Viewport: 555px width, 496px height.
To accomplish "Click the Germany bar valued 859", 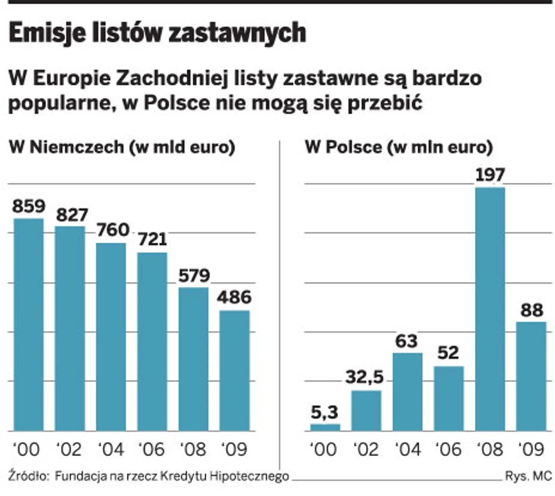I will pos(28,324).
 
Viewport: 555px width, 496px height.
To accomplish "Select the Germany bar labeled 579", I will pos(193,359).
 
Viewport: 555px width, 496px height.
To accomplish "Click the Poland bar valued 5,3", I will pos(325,427).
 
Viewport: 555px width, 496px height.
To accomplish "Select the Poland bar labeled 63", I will pos(407,392).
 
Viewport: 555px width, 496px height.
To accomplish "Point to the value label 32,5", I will pos(366,379).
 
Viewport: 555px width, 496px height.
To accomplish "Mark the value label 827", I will pos(69,214).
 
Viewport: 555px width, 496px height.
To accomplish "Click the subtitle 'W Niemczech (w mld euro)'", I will pos(121,147).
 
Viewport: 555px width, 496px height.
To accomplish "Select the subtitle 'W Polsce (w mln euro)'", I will pos(399,147).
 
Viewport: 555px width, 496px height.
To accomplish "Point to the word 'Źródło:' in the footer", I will pos(27,475).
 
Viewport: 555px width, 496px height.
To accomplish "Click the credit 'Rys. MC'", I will pos(527,476).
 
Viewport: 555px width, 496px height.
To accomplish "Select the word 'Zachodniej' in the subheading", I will pos(171,78).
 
